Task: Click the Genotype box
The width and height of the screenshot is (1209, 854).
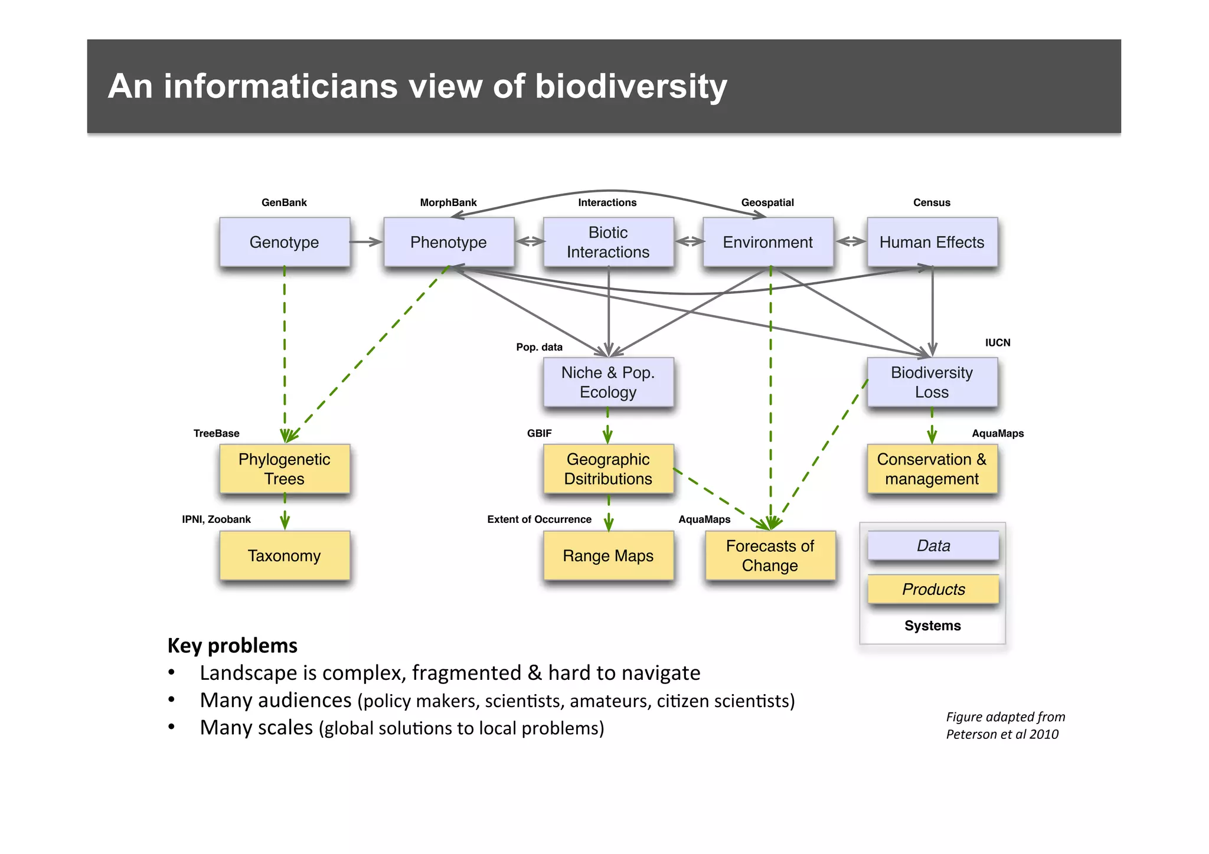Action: click(x=284, y=242)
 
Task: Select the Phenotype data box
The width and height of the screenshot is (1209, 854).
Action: click(x=448, y=242)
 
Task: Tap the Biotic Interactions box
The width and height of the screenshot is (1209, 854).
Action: click(x=608, y=242)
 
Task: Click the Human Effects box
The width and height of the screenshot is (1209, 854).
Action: click(x=932, y=242)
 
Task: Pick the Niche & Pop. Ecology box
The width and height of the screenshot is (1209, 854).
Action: click(x=608, y=382)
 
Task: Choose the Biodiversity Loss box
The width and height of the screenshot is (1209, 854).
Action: click(x=932, y=382)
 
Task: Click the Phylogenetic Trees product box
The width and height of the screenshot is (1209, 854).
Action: click(x=284, y=469)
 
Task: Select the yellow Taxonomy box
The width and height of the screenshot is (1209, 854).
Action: click(x=284, y=555)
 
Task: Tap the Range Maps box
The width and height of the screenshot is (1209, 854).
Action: click(x=608, y=555)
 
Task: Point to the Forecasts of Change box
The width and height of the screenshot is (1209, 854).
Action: click(x=770, y=555)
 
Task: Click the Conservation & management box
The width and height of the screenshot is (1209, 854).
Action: click(x=932, y=469)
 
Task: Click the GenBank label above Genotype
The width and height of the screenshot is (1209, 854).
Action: click(x=284, y=202)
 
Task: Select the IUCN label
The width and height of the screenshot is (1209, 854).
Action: click(x=998, y=342)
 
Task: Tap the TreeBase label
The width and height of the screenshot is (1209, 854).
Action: click(x=216, y=433)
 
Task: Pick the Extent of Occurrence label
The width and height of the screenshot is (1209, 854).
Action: click(x=539, y=519)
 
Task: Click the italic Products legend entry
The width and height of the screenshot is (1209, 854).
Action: click(x=933, y=589)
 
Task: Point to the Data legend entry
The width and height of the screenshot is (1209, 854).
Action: click(x=933, y=545)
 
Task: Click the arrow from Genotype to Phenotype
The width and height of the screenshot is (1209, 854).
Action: click(x=366, y=242)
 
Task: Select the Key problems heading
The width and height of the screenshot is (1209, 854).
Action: click(x=232, y=645)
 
